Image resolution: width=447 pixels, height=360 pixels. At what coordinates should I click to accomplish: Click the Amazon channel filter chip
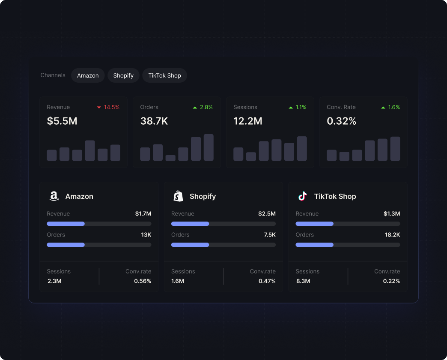[88, 75]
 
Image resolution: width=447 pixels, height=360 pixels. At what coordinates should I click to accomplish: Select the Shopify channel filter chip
[123, 75]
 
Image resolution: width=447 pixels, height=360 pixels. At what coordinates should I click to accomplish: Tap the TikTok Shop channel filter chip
[164, 75]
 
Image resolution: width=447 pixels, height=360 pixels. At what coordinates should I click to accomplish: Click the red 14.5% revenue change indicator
[108, 107]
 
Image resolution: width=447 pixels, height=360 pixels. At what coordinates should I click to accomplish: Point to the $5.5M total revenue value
[62, 121]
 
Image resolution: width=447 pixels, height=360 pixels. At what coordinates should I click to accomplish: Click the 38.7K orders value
[154, 121]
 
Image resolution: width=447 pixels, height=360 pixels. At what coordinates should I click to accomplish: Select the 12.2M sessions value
[248, 121]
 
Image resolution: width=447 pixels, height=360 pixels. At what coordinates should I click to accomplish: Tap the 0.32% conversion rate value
[342, 121]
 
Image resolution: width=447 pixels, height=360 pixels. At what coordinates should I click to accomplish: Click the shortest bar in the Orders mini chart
[170, 158]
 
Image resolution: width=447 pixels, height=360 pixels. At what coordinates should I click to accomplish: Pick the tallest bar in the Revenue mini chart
[90, 150]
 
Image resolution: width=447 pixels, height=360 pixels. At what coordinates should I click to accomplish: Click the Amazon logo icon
[54, 196]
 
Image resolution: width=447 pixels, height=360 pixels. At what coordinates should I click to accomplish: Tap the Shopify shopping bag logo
[178, 196]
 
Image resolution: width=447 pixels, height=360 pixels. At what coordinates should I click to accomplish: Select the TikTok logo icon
[303, 196]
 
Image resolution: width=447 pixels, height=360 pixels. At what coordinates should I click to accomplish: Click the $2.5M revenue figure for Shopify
[267, 213]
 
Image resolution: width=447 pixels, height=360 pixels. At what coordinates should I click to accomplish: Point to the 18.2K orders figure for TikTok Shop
[392, 235]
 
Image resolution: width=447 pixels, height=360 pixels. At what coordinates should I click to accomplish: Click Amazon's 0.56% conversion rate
[143, 281]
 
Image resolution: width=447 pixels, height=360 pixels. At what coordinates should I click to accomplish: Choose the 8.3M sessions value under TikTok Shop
[303, 281]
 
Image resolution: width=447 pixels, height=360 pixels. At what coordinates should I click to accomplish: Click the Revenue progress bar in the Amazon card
[99, 224]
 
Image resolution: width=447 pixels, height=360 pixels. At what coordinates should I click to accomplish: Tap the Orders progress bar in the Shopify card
[223, 245]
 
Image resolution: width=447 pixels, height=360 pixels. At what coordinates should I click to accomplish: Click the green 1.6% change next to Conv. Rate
[390, 107]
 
